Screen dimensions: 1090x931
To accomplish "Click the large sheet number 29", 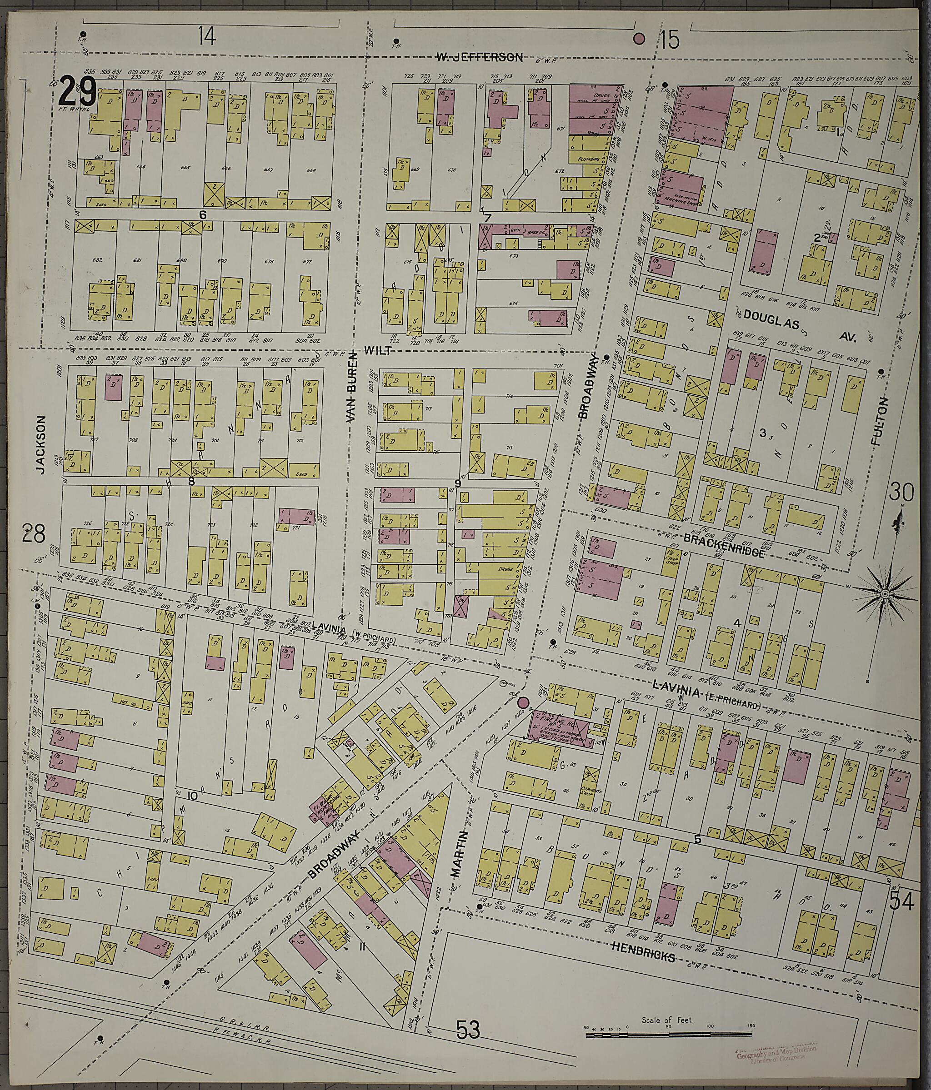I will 77,90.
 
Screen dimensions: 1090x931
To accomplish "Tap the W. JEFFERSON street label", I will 480,57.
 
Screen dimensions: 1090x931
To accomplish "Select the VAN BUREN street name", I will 351,388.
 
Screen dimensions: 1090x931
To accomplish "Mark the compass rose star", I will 884,594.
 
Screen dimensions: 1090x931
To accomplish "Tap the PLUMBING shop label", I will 583,157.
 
